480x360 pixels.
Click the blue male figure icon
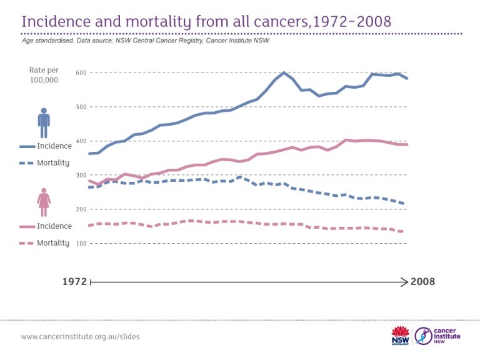click(x=44, y=123)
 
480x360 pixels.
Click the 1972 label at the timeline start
click(x=74, y=282)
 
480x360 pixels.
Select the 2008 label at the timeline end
click(x=422, y=282)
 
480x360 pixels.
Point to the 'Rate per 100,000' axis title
click(x=44, y=76)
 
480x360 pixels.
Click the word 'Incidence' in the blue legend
click(x=54, y=146)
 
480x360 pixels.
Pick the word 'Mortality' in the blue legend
click(x=54, y=163)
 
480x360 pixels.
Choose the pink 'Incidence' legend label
click(x=54, y=226)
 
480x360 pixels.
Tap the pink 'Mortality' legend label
click(x=54, y=242)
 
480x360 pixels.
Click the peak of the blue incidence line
click(x=284, y=72)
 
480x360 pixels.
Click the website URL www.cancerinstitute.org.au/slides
click(x=81, y=336)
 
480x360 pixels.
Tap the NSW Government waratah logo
click(x=399, y=336)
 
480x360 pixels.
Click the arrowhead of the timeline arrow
click(x=404, y=282)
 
